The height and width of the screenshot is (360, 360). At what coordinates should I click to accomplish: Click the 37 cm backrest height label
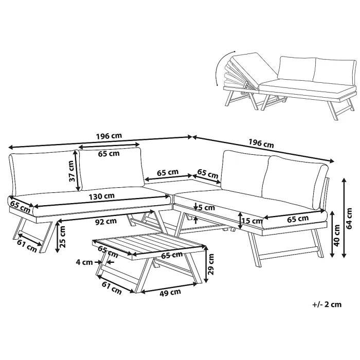click(72, 171)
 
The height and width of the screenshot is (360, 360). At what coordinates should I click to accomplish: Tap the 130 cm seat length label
click(101, 196)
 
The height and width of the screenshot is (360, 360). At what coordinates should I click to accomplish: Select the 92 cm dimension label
click(106, 222)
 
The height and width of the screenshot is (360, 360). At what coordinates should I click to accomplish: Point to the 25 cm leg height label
click(62, 237)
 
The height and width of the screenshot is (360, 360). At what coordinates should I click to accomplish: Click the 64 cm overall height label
click(349, 219)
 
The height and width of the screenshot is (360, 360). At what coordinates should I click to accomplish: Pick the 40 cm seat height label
click(337, 236)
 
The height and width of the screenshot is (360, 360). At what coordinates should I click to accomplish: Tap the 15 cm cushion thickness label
click(252, 221)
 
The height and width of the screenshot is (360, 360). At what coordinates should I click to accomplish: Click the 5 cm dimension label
click(206, 208)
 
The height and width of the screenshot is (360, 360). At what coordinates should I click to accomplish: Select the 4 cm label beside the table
click(84, 262)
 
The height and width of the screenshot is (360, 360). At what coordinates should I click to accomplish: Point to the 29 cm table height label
click(211, 264)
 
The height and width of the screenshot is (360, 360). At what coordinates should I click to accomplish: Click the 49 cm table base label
click(170, 293)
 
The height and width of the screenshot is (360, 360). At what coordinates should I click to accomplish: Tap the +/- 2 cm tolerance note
click(327, 304)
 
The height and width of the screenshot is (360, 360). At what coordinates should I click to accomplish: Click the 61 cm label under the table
click(112, 288)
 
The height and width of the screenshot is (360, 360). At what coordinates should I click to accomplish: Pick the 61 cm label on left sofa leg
click(27, 246)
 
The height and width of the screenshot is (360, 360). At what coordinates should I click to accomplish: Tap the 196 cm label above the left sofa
click(109, 136)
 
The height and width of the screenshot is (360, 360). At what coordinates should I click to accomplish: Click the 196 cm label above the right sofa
click(261, 143)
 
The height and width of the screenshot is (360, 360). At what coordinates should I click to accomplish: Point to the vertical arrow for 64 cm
click(344, 218)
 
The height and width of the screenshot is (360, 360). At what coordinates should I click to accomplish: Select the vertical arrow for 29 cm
click(206, 264)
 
